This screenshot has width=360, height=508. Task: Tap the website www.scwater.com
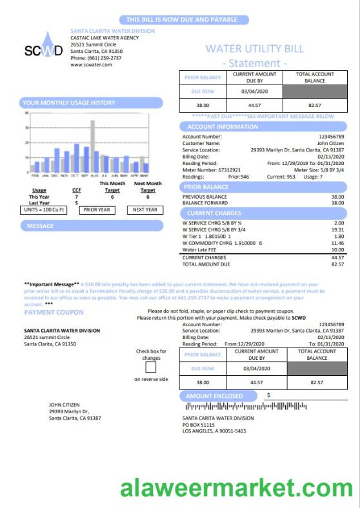pos(91,64)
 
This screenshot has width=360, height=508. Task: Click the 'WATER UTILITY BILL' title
pos(254,48)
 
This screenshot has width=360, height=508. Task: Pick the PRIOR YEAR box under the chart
pos(97,210)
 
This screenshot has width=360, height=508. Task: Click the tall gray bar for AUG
pos(92,146)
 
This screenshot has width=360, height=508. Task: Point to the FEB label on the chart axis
pos(35,175)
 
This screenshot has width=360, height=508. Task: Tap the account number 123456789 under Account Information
pos(332,137)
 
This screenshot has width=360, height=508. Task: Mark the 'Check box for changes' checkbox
pos(151,367)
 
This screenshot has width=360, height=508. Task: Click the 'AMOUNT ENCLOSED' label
pos(215,396)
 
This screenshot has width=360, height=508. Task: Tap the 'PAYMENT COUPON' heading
pos(54,313)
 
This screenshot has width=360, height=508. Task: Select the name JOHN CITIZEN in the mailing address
pos(65,405)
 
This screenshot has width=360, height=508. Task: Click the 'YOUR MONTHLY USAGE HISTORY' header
pos(69,103)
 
